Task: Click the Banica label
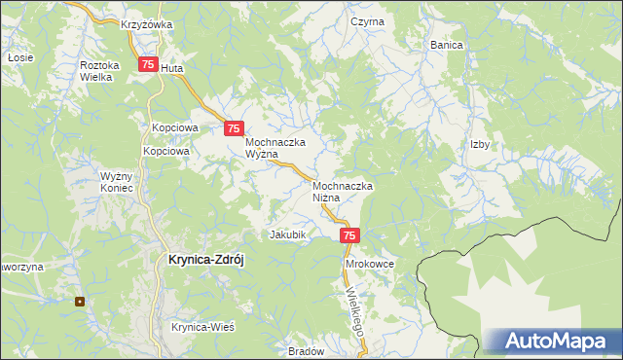447,45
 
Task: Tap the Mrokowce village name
368,264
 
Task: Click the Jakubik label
288,234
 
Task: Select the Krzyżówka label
147,24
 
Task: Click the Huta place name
171,69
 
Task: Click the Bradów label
307,351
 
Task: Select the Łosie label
15,57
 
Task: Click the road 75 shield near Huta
147,64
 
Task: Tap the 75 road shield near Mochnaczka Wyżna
234,127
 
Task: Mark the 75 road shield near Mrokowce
351,235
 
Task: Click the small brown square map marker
81,301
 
